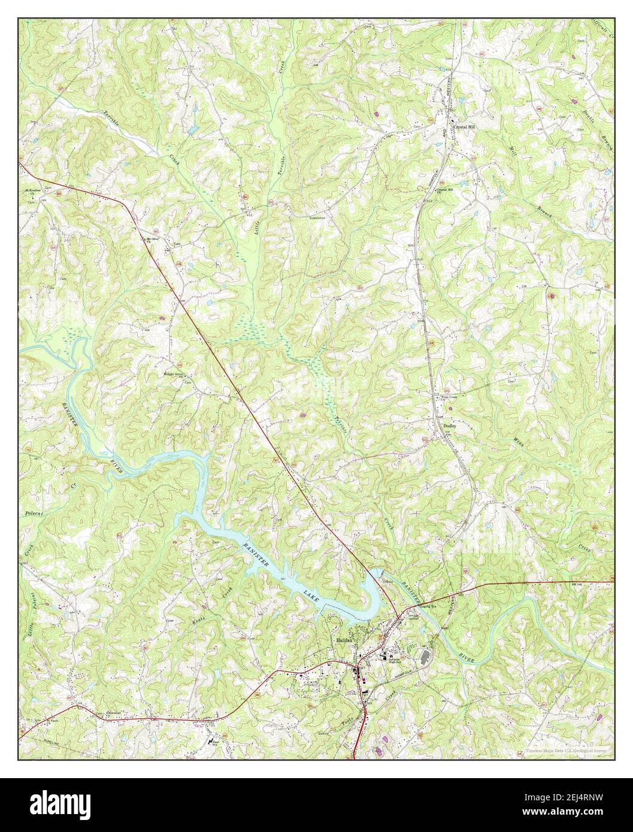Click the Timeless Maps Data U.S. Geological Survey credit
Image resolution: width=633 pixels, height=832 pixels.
coord(567,751)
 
